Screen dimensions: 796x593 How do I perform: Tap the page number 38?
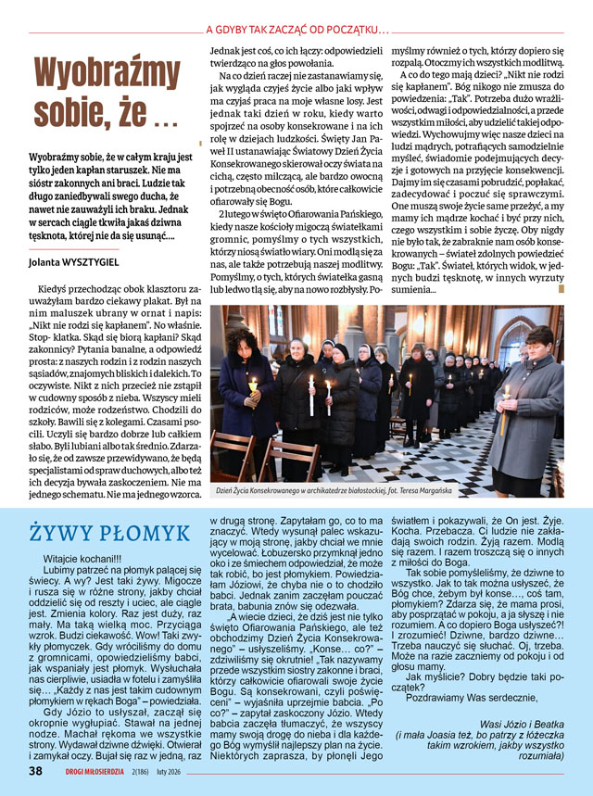[x=35, y=770]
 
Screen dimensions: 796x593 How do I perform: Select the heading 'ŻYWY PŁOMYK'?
[x=109, y=533]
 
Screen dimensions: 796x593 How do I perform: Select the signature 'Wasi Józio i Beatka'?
[x=524, y=725]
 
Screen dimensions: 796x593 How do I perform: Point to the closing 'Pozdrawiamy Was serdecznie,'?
[x=481, y=695]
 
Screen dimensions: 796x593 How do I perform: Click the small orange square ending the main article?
[x=561, y=290]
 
